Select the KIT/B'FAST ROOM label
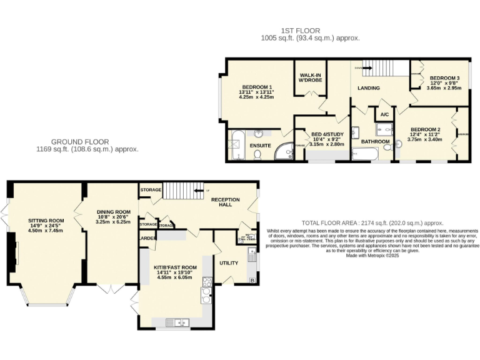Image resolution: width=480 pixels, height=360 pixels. (x=176, y=267)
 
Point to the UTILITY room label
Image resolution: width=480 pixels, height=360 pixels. (x=229, y=263)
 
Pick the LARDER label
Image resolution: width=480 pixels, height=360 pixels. (x=147, y=238)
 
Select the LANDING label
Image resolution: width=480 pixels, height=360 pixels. (x=369, y=88)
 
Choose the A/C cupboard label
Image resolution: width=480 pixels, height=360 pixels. (x=384, y=115)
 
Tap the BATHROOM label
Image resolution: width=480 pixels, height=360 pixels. (x=375, y=142)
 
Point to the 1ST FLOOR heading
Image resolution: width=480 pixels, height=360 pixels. (x=300, y=30)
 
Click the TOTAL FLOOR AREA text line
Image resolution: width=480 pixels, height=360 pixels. (x=372, y=223)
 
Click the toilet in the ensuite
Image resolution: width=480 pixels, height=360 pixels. (x=257, y=154)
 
